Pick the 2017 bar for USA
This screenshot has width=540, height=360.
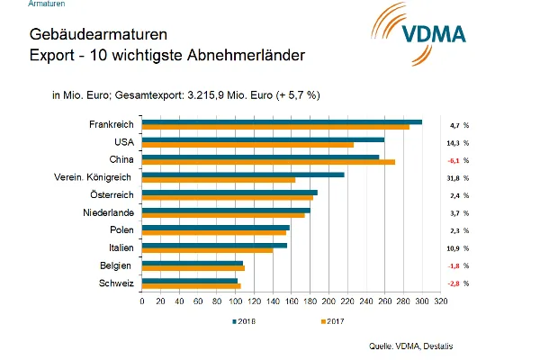pyautogui.click(x=247, y=144)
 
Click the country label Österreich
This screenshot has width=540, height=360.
pyautogui.click(x=112, y=194)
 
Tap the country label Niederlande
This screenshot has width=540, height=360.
pyautogui.click(x=109, y=212)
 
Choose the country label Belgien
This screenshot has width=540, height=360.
pyautogui.click(x=117, y=265)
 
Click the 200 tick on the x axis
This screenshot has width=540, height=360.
pyautogui.click(x=328, y=301)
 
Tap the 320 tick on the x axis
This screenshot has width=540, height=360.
pyautogui.click(x=440, y=301)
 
